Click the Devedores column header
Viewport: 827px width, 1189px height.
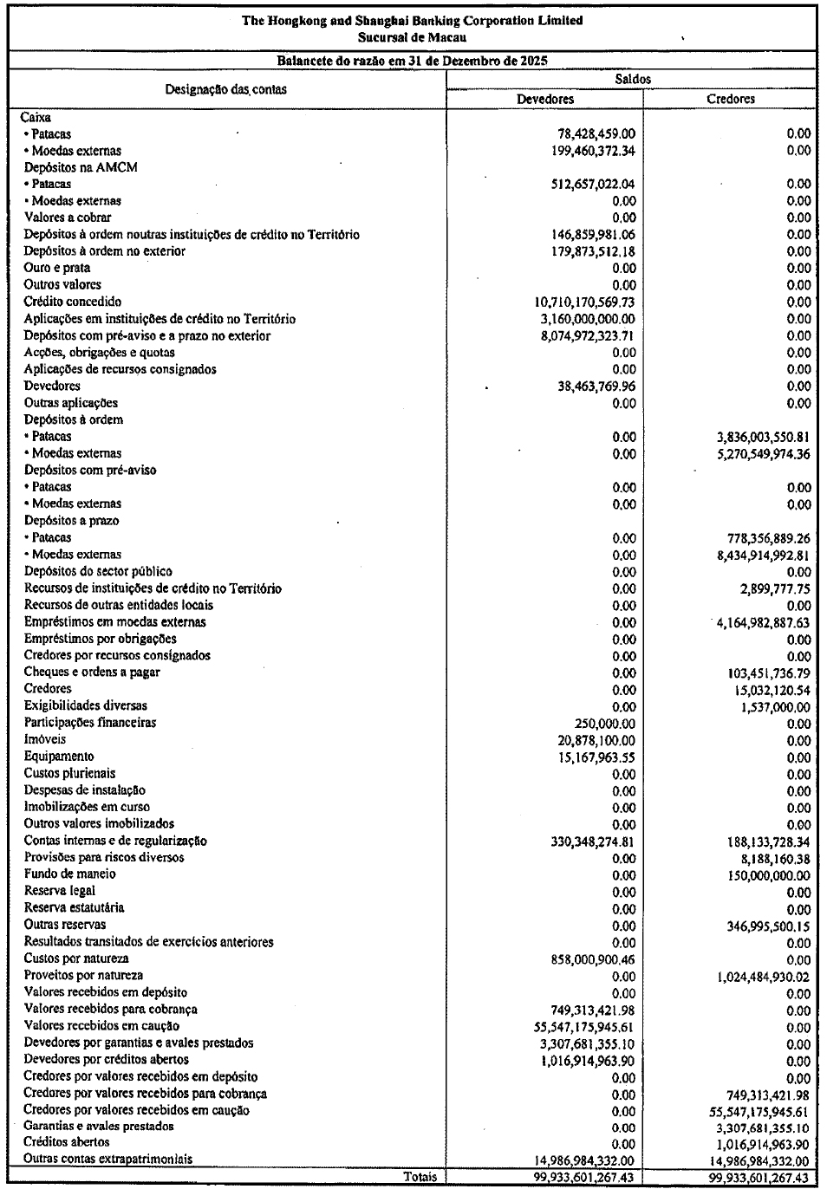pos(544,99)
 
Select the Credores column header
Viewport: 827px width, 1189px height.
pos(730,99)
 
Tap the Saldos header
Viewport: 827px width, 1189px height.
pos(631,79)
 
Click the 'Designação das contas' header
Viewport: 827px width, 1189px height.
pos(226,88)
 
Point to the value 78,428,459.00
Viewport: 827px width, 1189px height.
pos(596,133)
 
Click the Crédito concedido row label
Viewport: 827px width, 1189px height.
pos(73,302)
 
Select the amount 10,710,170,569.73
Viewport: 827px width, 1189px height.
pos(585,302)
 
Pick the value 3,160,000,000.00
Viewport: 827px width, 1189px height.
pos(588,319)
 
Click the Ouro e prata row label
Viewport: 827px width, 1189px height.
pos(57,268)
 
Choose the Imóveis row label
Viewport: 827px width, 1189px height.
pos(45,739)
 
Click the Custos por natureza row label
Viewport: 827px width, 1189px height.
pos(76,958)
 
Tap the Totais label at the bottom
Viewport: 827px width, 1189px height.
pos(420,1177)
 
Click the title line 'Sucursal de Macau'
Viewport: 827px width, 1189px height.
pos(413,37)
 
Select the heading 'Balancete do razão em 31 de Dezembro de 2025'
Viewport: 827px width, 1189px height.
pos(413,61)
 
